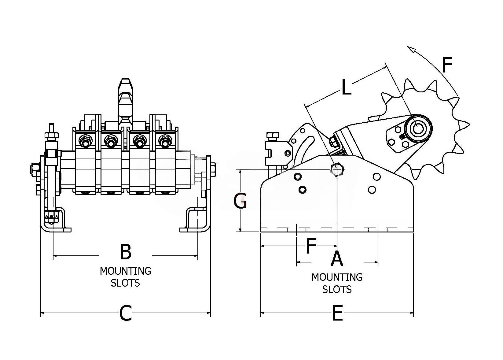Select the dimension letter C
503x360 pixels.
coord(126,313)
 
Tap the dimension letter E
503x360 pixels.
coord(337,313)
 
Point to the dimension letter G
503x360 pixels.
coord(240,201)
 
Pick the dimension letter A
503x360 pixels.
coord(337,258)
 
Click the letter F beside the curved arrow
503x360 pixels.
coord(447,65)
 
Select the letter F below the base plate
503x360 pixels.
coord(311,247)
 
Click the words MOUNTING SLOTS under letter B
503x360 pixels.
coord(126,277)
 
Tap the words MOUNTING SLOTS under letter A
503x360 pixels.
coord(337,283)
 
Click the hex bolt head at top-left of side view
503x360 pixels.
coord(273,135)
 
